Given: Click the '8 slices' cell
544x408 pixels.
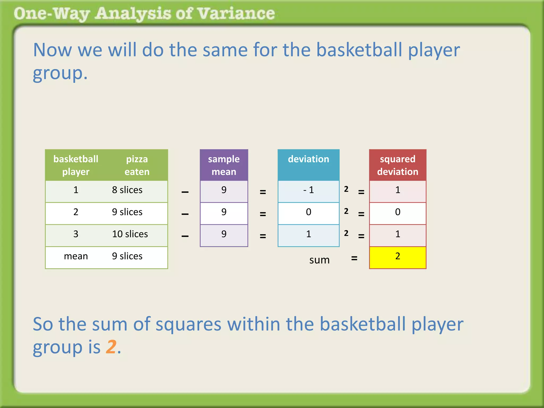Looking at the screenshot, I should [x=127, y=190].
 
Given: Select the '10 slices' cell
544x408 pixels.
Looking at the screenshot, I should [x=130, y=234].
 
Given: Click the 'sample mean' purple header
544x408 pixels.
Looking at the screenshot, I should [x=224, y=165].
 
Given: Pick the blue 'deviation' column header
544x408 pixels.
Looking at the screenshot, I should [x=308, y=159].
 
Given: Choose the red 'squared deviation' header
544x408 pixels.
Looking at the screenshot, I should [x=397, y=165].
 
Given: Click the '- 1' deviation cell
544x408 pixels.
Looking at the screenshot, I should [x=308, y=190].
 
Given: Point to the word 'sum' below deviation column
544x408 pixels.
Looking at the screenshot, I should [x=319, y=260].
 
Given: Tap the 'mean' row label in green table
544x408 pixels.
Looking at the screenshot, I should [x=76, y=256].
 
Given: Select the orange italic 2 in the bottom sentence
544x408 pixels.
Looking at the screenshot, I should [x=111, y=347].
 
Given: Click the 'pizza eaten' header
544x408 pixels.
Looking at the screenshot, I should [x=137, y=165].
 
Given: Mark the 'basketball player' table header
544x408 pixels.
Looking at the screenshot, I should [x=76, y=165].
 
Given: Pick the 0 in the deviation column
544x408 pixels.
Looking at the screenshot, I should [x=308, y=212].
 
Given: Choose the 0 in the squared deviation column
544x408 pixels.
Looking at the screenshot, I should [x=397, y=212].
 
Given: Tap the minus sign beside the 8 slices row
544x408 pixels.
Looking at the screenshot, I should [x=185, y=192].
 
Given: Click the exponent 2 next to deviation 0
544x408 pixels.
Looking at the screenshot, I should [x=346, y=211].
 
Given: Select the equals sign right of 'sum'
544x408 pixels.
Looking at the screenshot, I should [x=354, y=258].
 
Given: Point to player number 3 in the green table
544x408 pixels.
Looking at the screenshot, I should [x=76, y=234].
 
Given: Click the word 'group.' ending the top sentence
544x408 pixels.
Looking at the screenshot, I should [x=60, y=74].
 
